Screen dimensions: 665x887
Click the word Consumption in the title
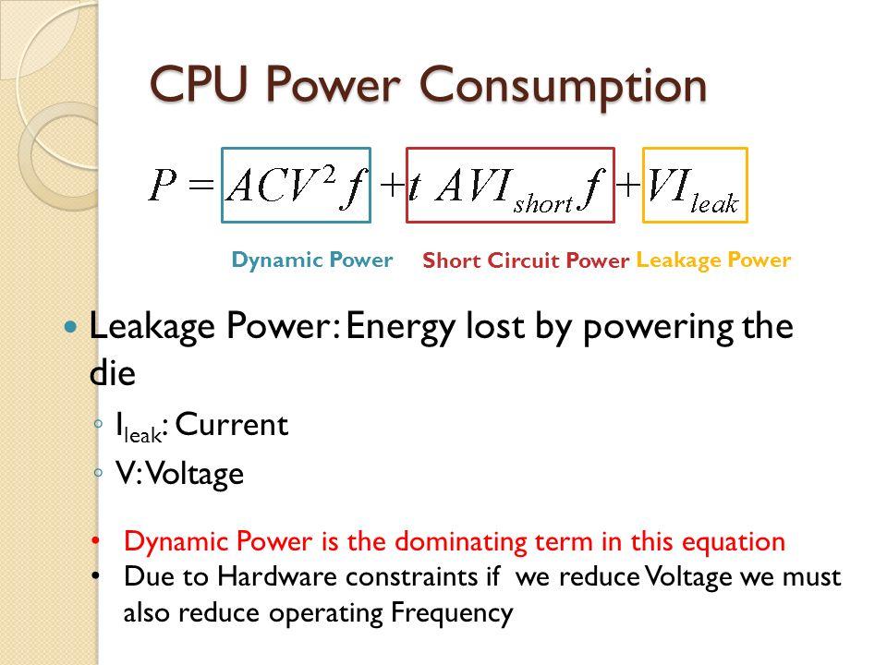[566, 85]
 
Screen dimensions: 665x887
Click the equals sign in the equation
[204, 187]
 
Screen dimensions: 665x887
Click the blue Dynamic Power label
[312, 260]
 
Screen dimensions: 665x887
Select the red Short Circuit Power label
[525, 261]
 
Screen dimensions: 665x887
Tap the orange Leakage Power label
[713, 260]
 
